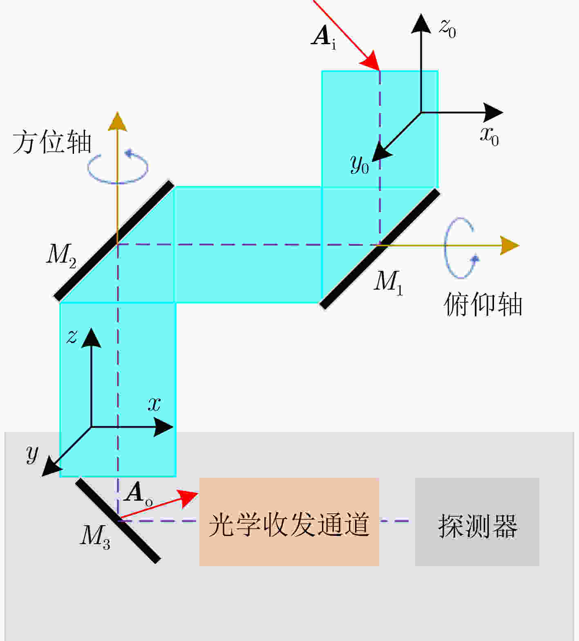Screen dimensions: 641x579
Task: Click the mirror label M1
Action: (388, 282)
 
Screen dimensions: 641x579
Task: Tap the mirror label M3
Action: (95, 536)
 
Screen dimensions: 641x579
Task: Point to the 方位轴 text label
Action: (52, 143)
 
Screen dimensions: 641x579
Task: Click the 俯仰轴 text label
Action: (483, 305)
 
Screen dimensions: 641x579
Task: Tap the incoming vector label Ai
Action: (324, 38)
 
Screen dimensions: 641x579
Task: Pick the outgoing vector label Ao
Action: (138, 494)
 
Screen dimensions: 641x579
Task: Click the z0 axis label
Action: (447, 28)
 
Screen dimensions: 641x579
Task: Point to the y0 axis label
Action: (360, 164)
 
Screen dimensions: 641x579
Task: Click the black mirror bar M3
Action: (118, 520)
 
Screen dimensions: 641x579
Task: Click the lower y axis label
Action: (32, 453)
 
